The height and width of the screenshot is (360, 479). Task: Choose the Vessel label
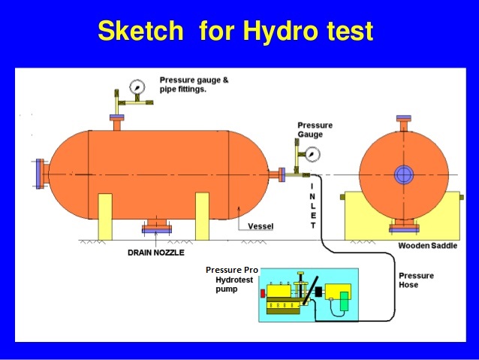pos(260,226)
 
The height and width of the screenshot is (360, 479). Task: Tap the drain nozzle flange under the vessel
pos(156,227)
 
